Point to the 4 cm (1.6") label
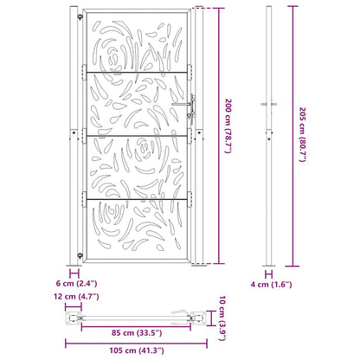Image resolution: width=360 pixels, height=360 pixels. [x=270, y=283]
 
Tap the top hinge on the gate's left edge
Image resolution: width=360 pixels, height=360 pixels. [x=83, y=71]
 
